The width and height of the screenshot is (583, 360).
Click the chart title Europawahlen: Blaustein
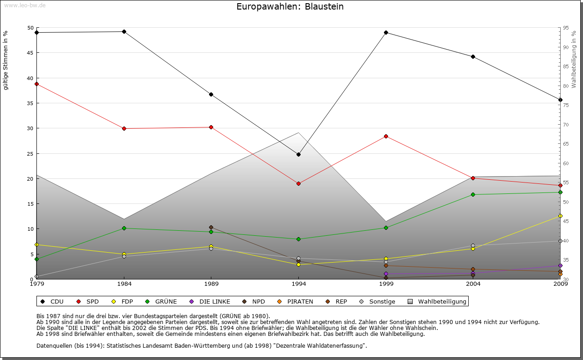(x=290, y=7)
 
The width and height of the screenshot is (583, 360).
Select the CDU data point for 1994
(x=298, y=154)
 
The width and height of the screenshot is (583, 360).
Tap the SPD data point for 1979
(x=36, y=84)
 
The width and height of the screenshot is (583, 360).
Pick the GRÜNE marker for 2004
(x=473, y=194)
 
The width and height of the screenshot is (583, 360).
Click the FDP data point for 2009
(x=560, y=216)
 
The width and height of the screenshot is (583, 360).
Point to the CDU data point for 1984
(x=124, y=31)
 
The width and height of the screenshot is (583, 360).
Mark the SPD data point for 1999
(x=386, y=136)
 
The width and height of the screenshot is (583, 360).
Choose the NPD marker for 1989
(x=211, y=227)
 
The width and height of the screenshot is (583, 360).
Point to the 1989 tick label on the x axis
(x=211, y=284)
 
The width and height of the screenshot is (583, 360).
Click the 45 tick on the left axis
(x=31, y=53)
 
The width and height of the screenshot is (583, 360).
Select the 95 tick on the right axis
(x=566, y=28)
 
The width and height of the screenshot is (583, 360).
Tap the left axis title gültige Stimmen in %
(x=6, y=60)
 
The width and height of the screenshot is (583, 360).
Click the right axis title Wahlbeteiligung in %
(x=574, y=59)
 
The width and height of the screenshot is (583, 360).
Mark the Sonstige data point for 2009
(x=560, y=241)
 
